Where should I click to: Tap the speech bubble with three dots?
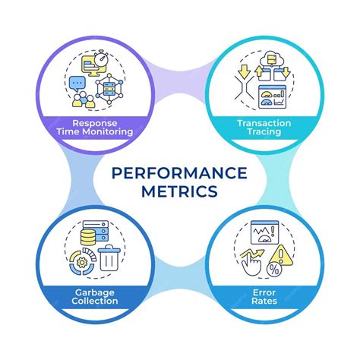click(77, 81)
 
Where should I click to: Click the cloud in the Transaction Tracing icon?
click(267, 56)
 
